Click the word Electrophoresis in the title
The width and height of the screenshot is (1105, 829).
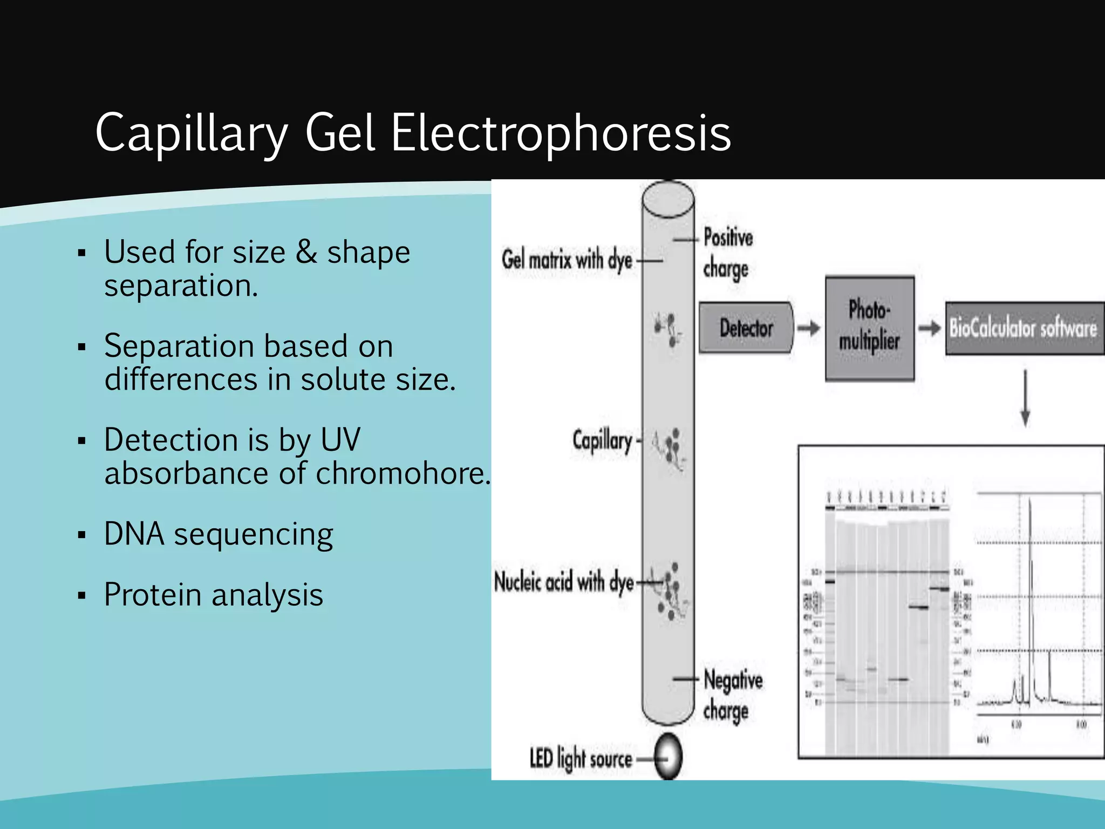pyautogui.click(x=561, y=133)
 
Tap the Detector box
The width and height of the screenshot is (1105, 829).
pyautogui.click(x=746, y=328)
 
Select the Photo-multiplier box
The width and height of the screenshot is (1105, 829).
pyautogui.click(x=869, y=328)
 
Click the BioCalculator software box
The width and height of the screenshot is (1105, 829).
pyautogui.click(x=1024, y=328)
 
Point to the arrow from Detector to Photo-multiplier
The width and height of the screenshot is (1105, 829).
pyautogui.click(x=808, y=328)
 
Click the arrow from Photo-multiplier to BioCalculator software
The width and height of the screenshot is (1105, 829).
pyautogui.click(x=930, y=328)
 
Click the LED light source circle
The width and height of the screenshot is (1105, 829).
pyautogui.click(x=669, y=757)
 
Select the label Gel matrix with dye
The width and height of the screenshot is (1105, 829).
pyautogui.click(x=567, y=260)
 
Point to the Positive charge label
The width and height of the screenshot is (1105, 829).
pyautogui.click(x=727, y=253)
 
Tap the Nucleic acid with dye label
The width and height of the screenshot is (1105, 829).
pyautogui.click(x=564, y=582)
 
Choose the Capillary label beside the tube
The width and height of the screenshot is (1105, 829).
pyautogui.click(x=602, y=440)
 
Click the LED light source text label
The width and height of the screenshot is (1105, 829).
pyautogui.click(x=581, y=758)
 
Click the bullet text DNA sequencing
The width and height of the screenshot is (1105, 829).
pyautogui.click(x=219, y=534)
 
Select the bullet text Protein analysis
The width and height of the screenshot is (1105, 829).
pyautogui.click(x=214, y=595)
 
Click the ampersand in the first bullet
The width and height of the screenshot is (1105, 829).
pyautogui.click(x=306, y=252)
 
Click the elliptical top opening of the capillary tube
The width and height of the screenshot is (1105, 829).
pyautogui.click(x=668, y=199)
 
